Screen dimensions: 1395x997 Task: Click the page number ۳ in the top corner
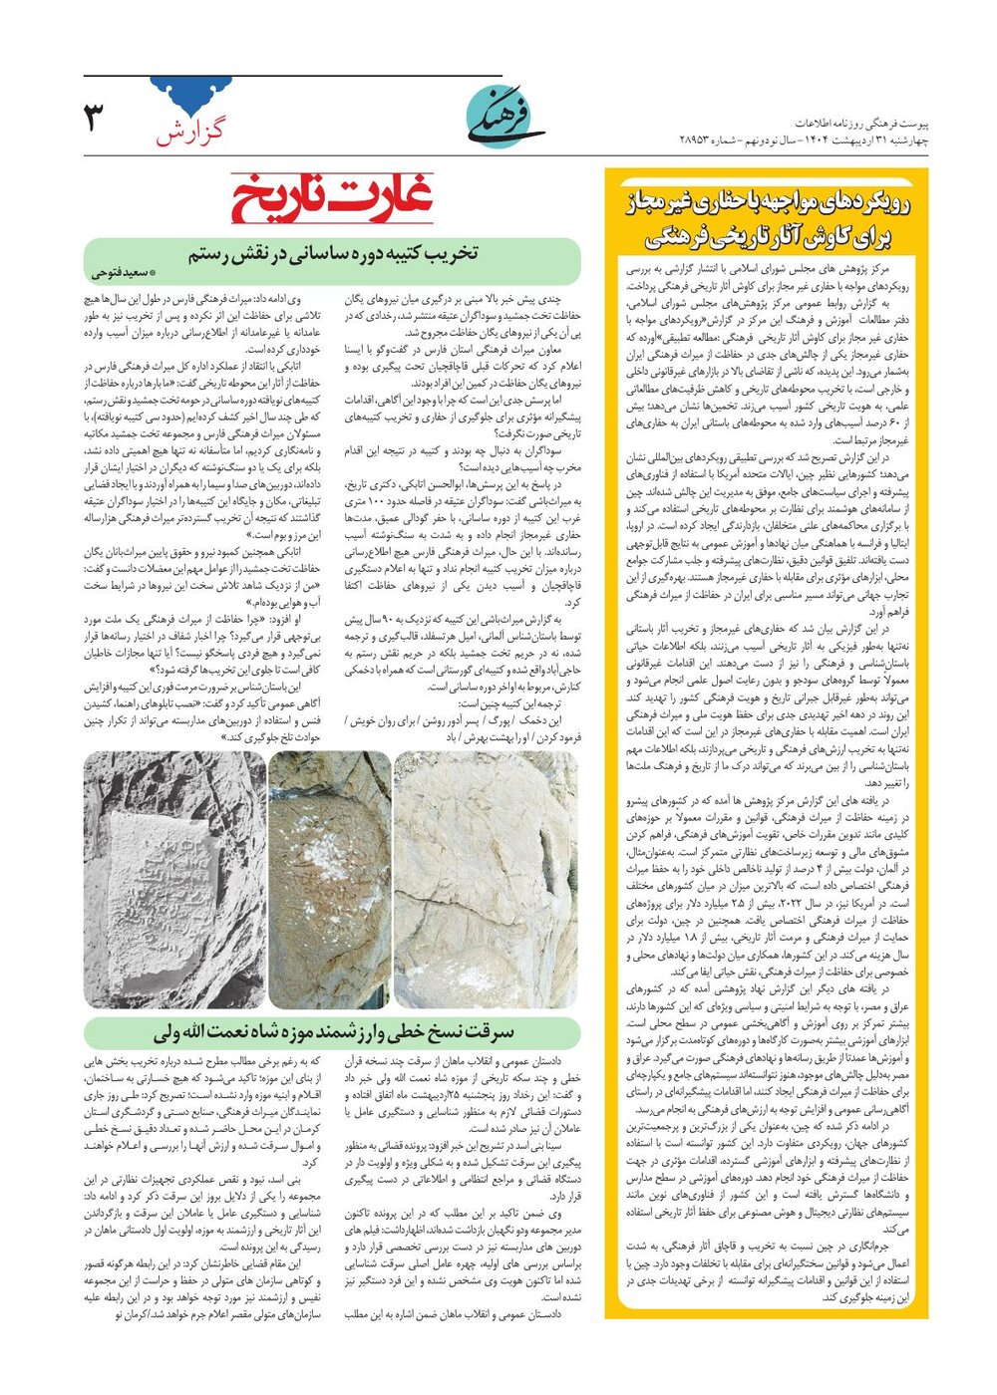click(x=94, y=118)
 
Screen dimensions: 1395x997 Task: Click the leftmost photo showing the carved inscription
click(x=175, y=880)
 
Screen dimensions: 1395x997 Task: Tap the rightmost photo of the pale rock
click(x=487, y=880)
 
